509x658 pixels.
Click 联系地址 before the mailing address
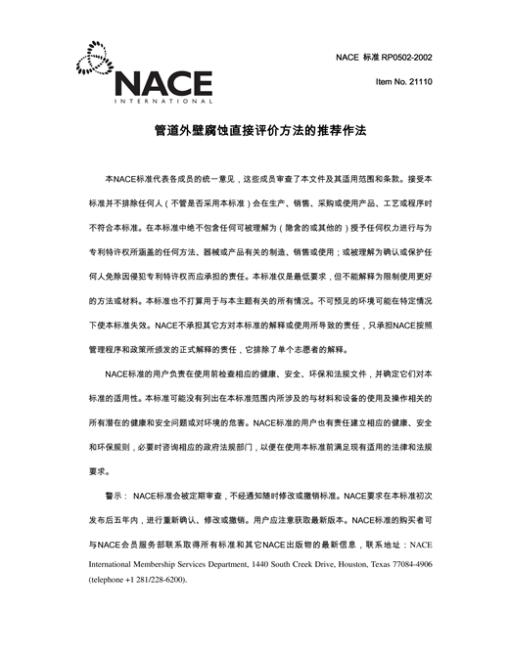384,544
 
